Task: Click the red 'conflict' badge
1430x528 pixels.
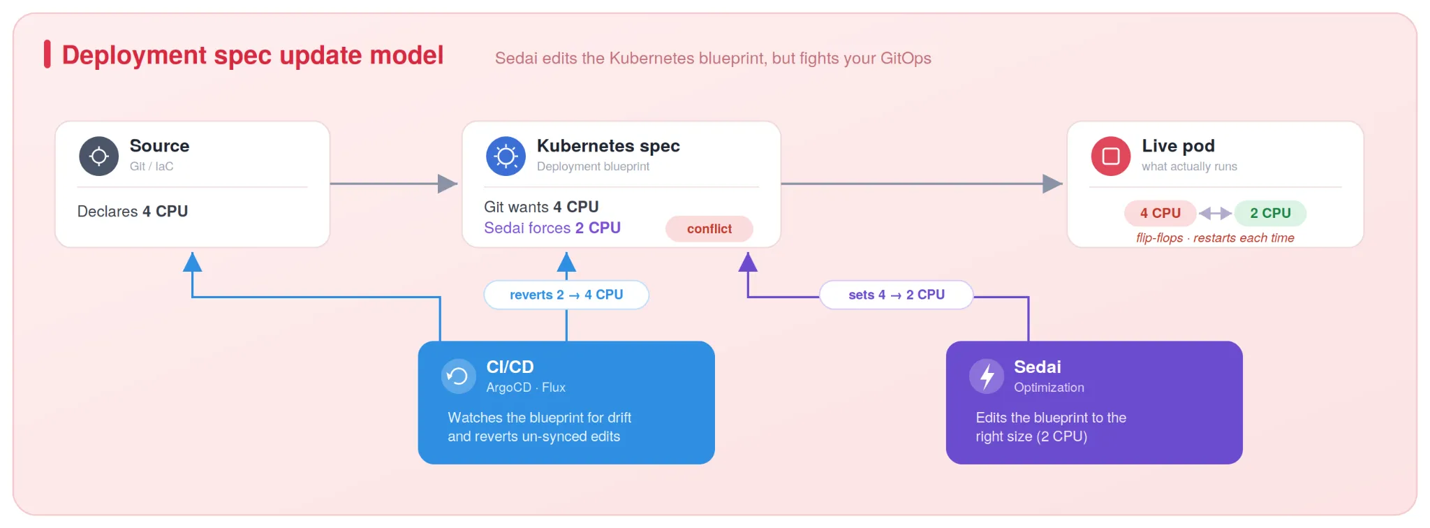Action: coord(709,228)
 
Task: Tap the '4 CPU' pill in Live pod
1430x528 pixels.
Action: coord(1160,213)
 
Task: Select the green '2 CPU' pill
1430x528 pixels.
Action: coord(1270,213)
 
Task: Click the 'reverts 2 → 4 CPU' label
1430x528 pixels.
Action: coord(566,295)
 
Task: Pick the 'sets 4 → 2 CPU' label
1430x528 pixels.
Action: coord(897,295)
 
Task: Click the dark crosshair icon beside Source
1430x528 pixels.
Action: coord(99,156)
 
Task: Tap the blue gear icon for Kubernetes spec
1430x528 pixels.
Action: coord(506,156)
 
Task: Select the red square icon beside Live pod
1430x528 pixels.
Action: coord(1111,156)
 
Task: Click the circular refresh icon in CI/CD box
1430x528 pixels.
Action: coord(458,376)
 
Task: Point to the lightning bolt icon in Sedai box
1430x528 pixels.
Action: coord(987,376)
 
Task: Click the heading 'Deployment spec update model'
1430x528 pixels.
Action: coord(253,55)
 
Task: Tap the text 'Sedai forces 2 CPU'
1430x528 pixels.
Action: coord(552,228)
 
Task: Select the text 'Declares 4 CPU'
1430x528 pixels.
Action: coord(133,211)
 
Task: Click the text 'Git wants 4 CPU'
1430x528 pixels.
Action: coord(541,207)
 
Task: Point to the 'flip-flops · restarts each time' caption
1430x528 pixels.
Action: coord(1215,238)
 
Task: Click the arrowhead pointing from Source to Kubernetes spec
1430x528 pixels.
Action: coord(448,184)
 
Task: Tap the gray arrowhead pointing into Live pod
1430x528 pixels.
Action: coord(1052,184)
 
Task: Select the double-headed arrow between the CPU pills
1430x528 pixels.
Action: coord(1215,213)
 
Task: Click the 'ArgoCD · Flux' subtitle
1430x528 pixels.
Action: coord(526,387)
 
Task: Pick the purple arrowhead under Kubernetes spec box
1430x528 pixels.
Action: coord(748,262)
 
